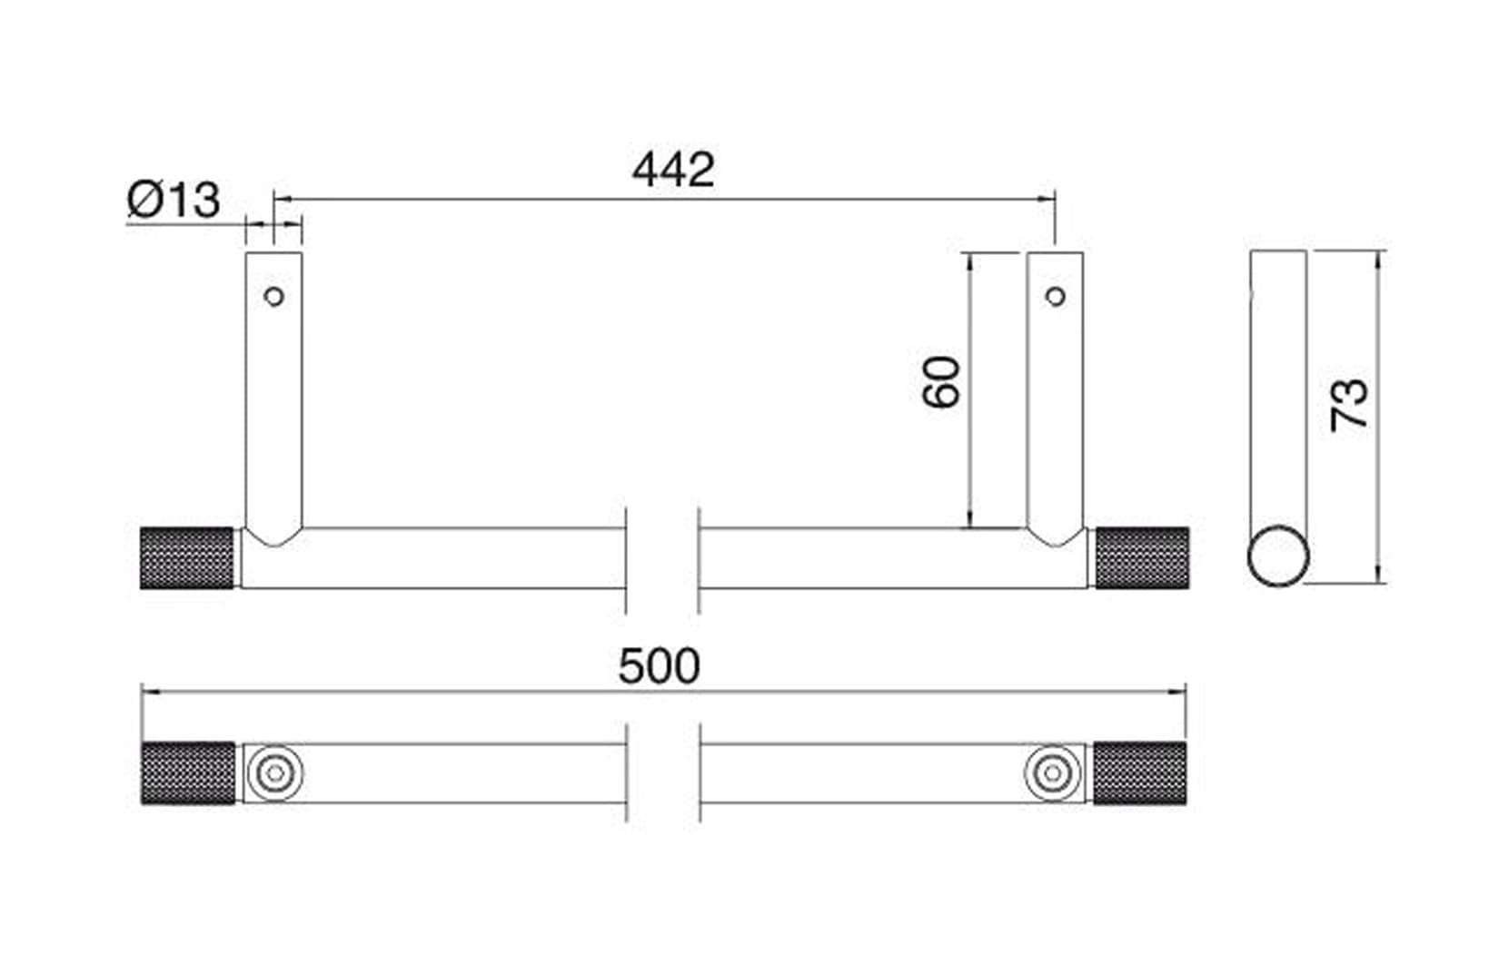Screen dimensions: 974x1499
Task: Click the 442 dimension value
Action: coord(673,170)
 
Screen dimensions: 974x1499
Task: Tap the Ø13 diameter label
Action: coord(174,200)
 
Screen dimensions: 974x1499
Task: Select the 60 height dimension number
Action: coord(942,382)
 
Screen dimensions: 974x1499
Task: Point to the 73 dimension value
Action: coord(1350,404)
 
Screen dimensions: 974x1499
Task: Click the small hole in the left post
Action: coord(273,296)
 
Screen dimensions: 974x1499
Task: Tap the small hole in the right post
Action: coord(1055,296)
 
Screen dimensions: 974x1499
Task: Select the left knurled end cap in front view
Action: coord(187,557)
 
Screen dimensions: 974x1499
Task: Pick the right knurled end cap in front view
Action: coord(1141,557)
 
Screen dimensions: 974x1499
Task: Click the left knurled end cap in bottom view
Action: coord(187,773)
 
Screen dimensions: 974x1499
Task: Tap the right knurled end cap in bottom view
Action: coord(1139,773)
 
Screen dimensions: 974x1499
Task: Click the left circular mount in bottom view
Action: coord(273,773)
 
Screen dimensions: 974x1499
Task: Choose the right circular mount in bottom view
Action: coord(1053,773)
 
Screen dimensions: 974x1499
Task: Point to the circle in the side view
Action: coord(1278,556)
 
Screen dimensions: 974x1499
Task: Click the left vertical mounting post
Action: coord(273,390)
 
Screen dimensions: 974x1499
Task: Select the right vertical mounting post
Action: coord(1055,390)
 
